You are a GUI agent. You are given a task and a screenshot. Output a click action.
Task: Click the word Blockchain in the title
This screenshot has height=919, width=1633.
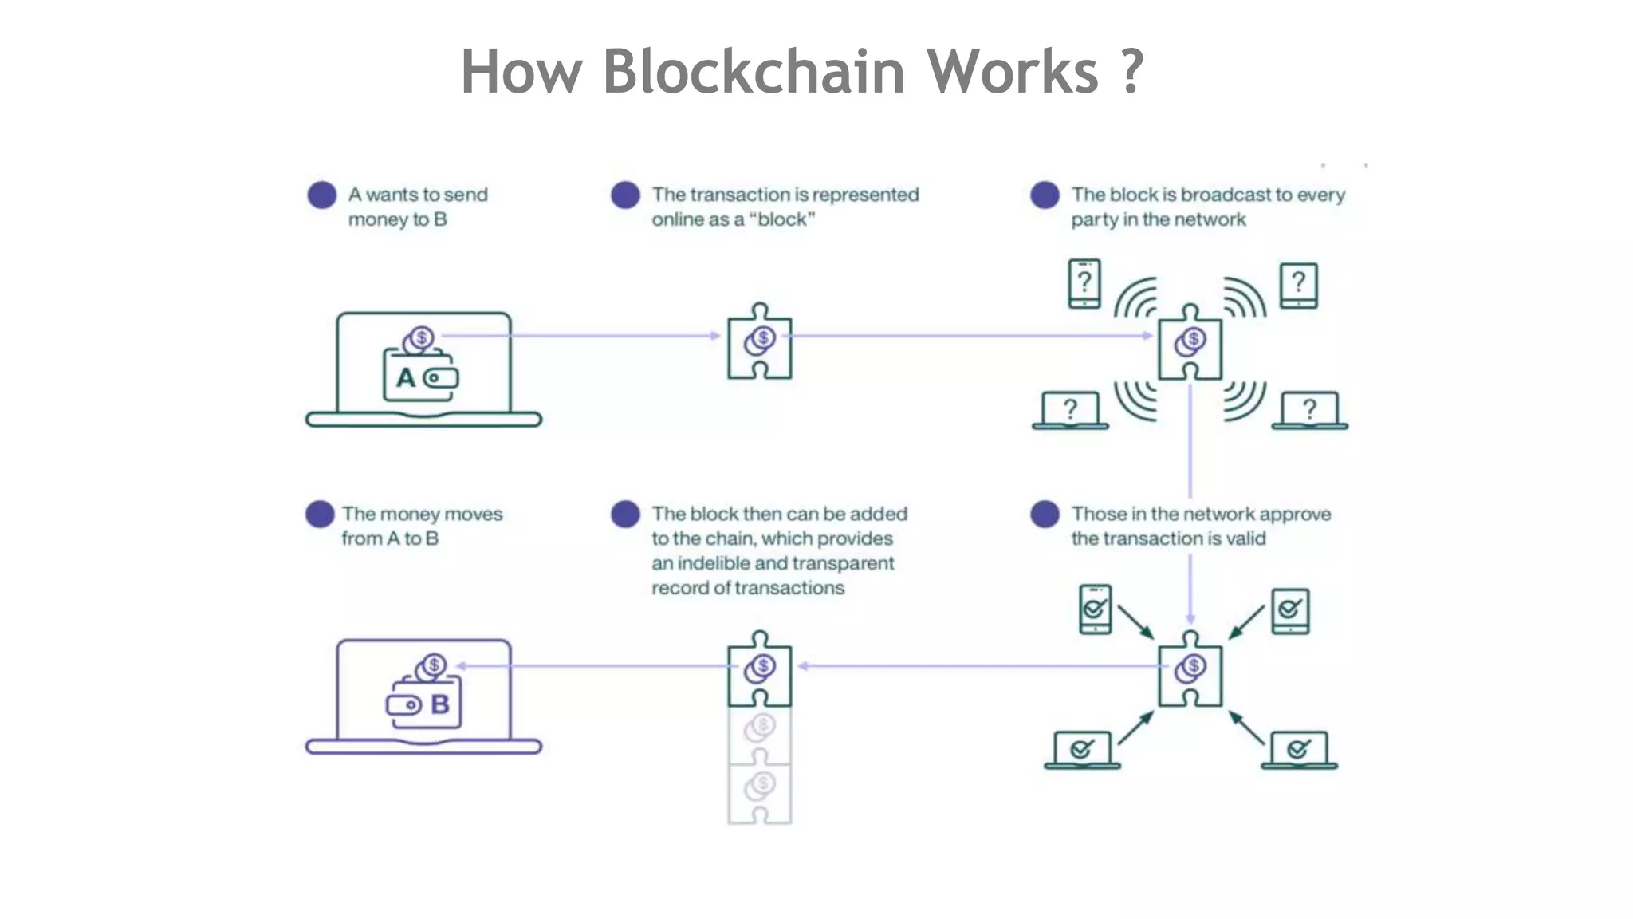pyautogui.click(x=753, y=72)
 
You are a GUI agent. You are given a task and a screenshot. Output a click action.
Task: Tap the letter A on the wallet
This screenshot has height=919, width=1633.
pyautogui.click(x=406, y=377)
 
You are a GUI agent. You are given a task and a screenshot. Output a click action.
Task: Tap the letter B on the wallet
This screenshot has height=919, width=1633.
pyautogui.click(x=440, y=704)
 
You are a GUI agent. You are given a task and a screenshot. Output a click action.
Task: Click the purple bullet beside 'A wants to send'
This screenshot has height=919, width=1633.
pyautogui.click(x=322, y=195)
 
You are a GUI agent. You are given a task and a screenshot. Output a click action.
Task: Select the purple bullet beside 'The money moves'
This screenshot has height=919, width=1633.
pyautogui.click(x=320, y=515)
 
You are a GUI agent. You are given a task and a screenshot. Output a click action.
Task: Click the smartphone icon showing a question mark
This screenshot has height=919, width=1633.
pyautogui.click(x=1084, y=283)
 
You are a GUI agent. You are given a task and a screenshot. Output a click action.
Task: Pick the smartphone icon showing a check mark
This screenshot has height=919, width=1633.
pyautogui.click(x=1095, y=609)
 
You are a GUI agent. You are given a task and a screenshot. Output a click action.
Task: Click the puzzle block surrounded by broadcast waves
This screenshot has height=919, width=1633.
pyautogui.click(x=1190, y=343)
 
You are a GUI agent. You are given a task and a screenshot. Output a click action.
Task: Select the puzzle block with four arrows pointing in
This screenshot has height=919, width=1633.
pyautogui.click(x=1190, y=669)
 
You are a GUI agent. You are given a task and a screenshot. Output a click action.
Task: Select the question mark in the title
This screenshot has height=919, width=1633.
pyautogui.click(x=1131, y=72)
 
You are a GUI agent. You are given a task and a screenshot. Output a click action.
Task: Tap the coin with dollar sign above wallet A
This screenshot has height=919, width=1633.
pyautogui.click(x=421, y=337)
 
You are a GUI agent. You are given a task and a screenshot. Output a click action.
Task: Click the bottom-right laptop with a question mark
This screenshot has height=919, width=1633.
pyautogui.click(x=1309, y=411)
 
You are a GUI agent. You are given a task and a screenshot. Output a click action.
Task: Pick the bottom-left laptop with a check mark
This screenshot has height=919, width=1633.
pyautogui.click(x=1082, y=750)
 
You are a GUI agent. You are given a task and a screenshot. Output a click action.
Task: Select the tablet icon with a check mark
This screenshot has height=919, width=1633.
pyautogui.click(x=1290, y=611)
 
